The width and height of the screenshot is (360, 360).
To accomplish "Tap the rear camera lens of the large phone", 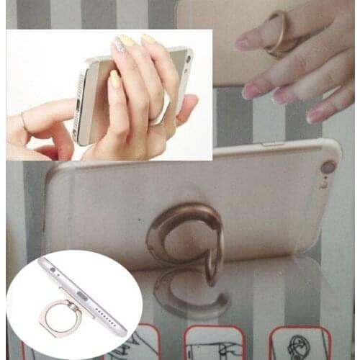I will (x=328, y=168).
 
